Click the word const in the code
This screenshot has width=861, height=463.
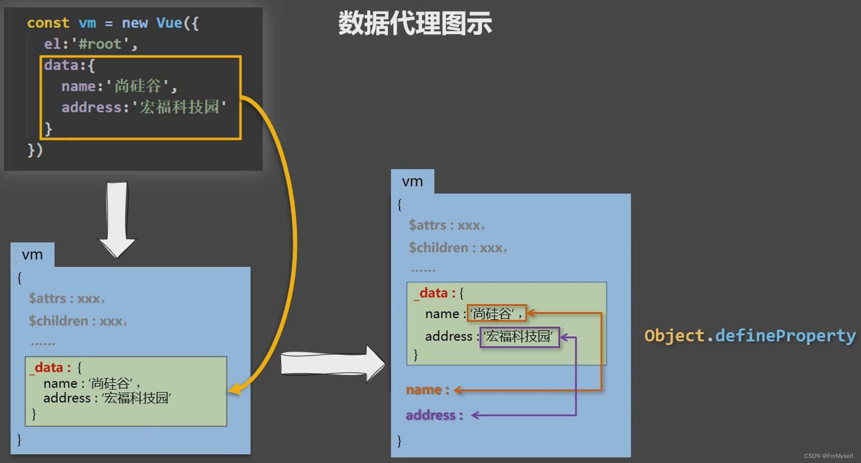pyautogui.click(x=48, y=23)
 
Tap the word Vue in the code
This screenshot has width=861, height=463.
pyautogui.click(x=169, y=23)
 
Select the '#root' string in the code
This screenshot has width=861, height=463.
pyautogui.click(x=100, y=44)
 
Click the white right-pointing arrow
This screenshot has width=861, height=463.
pyautogui.click(x=332, y=363)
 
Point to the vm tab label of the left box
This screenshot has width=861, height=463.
pyautogui.click(x=32, y=255)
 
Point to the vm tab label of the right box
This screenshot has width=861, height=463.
pyautogui.click(x=412, y=181)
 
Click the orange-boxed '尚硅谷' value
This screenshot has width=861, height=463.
pyautogui.click(x=496, y=313)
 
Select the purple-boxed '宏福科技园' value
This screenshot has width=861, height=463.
pyautogui.click(x=519, y=337)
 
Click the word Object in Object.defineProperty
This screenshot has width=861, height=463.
pyautogui.click(x=674, y=336)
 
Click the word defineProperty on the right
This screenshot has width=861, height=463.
pyautogui.click(x=785, y=336)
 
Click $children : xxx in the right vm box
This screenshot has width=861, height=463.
pyautogui.click(x=457, y=248)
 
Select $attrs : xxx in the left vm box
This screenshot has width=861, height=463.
pyautogui.click(x=66, y=298)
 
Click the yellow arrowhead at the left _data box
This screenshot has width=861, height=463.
pyautogui.click(x=234, y=389)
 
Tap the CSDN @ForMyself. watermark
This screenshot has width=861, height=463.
pyautogui.click(x=829, y=456)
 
